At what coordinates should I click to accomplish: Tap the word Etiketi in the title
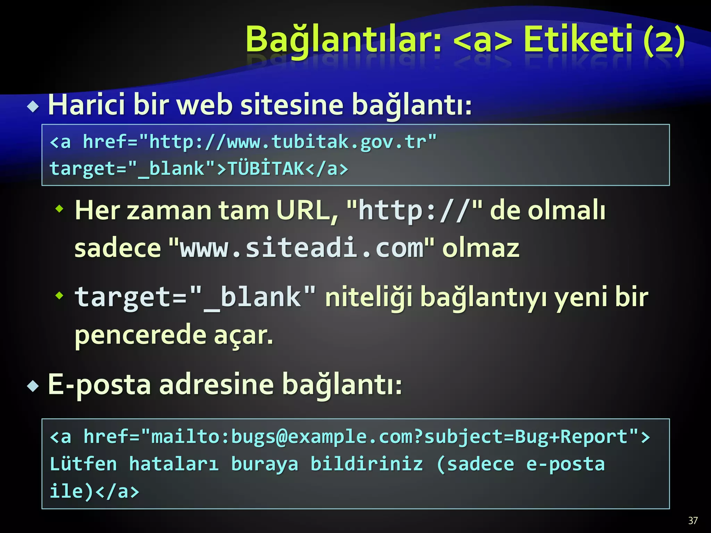578,39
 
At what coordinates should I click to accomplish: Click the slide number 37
693,521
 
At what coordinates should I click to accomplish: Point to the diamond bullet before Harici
33,107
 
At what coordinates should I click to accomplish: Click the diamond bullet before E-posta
33,386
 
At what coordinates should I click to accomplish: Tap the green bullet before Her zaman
60,209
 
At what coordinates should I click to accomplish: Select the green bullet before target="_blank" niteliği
60,295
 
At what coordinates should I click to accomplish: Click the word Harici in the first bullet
86,105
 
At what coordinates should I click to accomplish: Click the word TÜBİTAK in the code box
266,169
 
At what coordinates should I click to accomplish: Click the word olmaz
480,248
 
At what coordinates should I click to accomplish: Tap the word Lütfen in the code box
83,464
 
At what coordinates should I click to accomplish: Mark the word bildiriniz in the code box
367,464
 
